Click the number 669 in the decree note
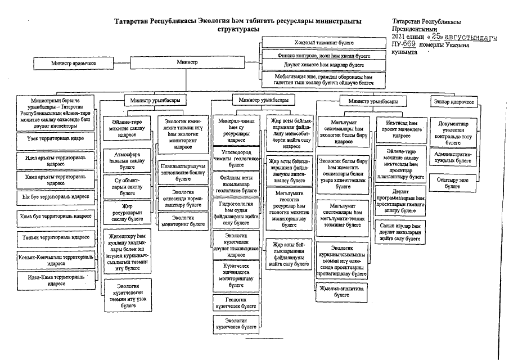click(x=409, y=44)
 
